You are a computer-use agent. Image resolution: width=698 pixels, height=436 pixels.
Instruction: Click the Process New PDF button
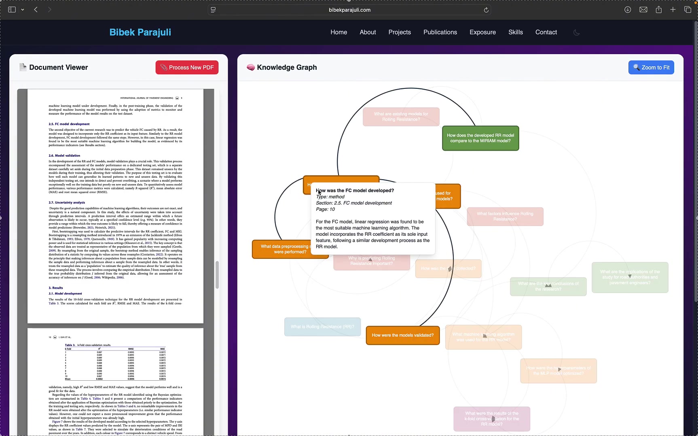click(187, 67)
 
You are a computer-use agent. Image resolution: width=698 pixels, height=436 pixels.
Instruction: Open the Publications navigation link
click(440, 32)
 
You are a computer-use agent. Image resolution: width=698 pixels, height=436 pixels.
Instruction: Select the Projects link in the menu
click(400, 32)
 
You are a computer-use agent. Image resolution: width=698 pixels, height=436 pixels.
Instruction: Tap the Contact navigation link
click(546, 32)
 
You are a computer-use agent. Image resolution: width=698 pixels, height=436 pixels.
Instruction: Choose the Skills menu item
click(516, 32)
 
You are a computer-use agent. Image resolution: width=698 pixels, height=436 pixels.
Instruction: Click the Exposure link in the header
click(482, 32)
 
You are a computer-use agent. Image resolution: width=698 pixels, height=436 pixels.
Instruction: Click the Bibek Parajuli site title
click(140, 32)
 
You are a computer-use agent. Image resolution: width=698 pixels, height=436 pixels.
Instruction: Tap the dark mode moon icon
click(577, 33)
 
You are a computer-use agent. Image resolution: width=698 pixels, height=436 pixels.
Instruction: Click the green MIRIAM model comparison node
click(480, 138)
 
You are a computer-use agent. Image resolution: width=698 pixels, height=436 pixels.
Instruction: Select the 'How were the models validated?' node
click(402, 335)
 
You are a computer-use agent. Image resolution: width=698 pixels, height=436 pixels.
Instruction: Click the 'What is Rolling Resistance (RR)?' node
click(322, 327)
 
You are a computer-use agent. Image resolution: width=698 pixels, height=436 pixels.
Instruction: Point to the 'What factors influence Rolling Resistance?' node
click(505, 216)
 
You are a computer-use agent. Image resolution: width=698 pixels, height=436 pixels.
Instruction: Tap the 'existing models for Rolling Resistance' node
click(401, 117)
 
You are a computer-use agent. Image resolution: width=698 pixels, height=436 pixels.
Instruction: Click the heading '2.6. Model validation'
click(64, 155)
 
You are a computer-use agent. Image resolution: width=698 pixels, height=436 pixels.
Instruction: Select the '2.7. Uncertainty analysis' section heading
click(67, 203)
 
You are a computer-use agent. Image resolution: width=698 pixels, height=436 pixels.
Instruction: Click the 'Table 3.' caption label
click(70, 345)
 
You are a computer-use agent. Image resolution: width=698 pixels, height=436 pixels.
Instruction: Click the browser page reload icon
click(486, 10)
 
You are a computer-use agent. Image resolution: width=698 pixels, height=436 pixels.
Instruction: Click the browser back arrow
click(36, 10)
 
